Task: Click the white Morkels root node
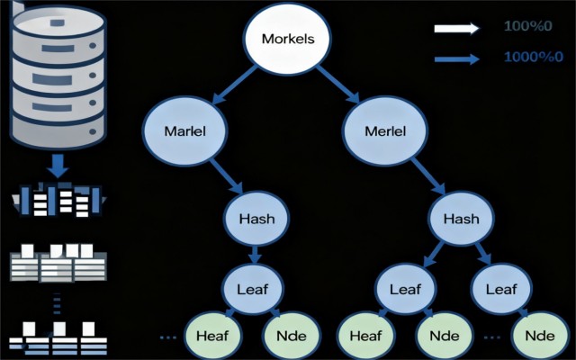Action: pyautogui.click(x=288, y=38)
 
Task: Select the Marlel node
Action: pyautogui.click(x=184, y=130)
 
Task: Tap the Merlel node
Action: pyautogui.click(x=385, y=130)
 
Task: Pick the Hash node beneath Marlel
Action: pyautogui.click(x=256, y=219)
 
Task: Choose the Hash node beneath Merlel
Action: pyautogui.click(x=462, y=219)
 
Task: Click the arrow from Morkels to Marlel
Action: pyautogui.click(x=234, y=85)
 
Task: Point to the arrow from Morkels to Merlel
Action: pyautogui.click(x=338, y=85)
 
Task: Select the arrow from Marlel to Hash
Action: pyautogui.click(x=226, y=176)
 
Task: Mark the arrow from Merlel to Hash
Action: pyautogui.click(x=428, y=176)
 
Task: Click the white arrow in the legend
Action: pyautogui.click(x=456, y=28)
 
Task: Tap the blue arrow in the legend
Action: pyautogui.click(x=456, y=58)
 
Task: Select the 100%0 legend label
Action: pyautogui.click(x=528, y=26)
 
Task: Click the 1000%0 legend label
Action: pyautogui.click(x=534, y=57)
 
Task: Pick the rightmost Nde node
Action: pyautogui.click(x=540, y=336)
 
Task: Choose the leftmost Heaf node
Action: pyautogui.click(x=212, y=336)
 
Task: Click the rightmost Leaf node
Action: pyautogui.click(x=501, y=289)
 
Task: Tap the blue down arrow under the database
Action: pyautogui.click(x=58, y=166)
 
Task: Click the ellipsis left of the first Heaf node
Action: pyautogui.click(x=168, y=337)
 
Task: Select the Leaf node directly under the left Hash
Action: pyautogui.click(x=253, y=289)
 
